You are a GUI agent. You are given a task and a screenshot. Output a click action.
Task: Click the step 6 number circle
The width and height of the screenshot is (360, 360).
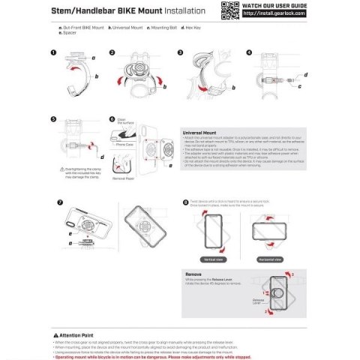112,118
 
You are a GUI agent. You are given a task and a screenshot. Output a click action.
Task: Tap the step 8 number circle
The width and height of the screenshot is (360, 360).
186,202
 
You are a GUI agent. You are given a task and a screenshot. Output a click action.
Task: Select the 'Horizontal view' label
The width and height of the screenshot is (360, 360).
271,259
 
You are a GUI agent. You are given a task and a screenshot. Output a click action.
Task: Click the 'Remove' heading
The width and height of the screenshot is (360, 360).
193,275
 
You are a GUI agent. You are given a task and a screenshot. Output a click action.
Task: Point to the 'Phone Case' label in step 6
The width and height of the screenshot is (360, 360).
124,143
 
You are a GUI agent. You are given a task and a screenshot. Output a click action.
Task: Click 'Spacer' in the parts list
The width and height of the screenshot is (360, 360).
70,33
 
